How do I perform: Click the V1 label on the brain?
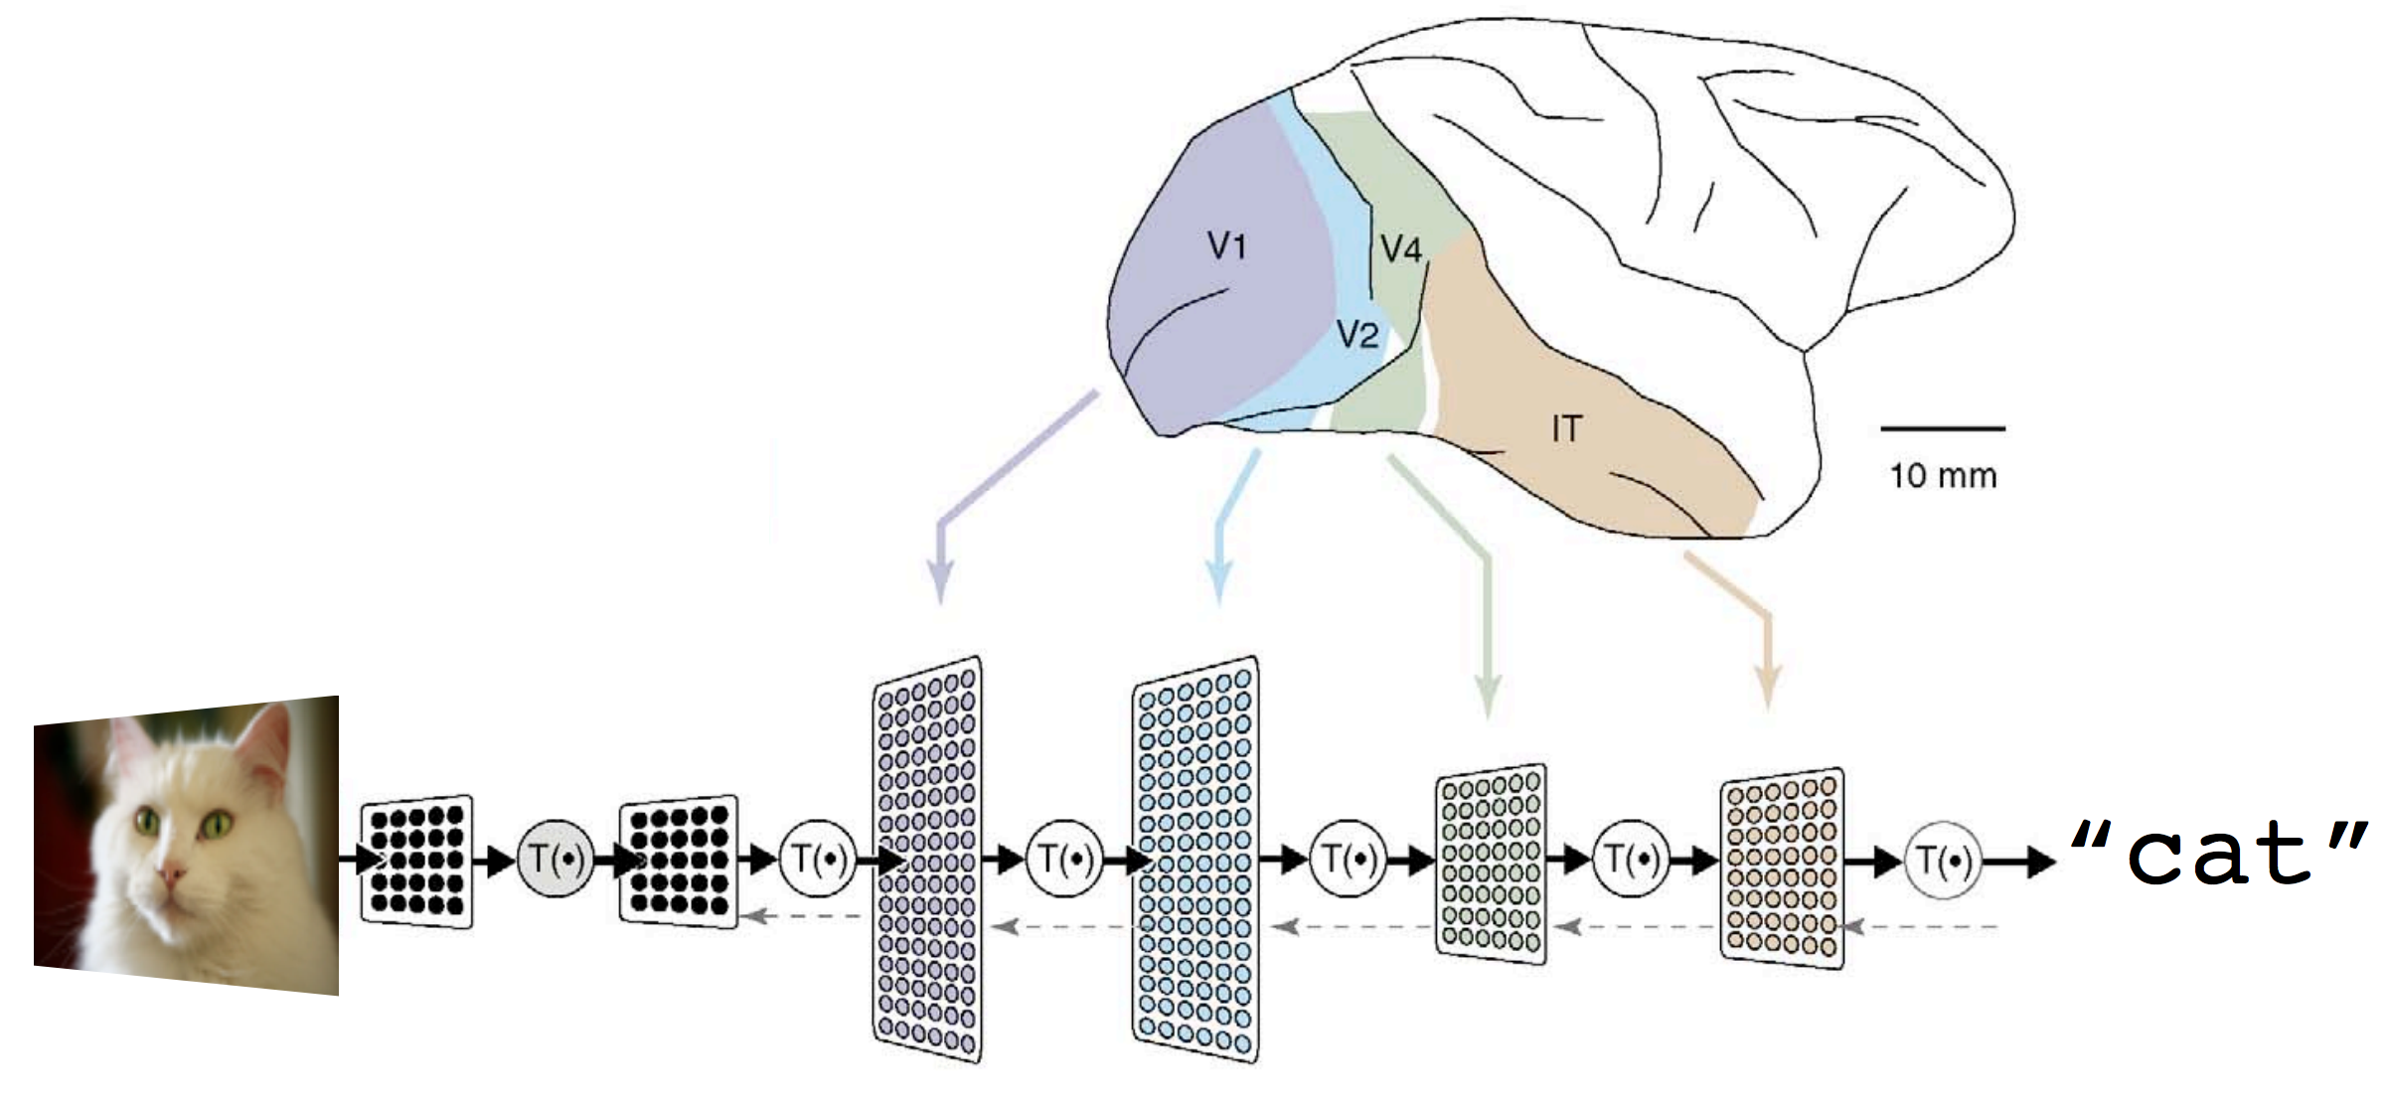(x=1227, y=244)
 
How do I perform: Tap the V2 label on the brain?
(x=1357, y=335)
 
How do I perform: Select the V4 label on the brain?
(x=1401, y=248)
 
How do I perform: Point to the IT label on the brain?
(x=1566, y=428)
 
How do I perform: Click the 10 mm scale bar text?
(x=1943, y=476)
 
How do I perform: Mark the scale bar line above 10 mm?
(x=1943, y=429)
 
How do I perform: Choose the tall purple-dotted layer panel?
(x=926, y=860)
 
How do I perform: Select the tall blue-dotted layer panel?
(x=1194, y=860)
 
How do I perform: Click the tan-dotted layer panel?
(x=1782, y=867)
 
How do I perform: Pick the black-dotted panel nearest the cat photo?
(x=416, y=861)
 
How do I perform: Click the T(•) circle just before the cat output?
(x=1944, y=861)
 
